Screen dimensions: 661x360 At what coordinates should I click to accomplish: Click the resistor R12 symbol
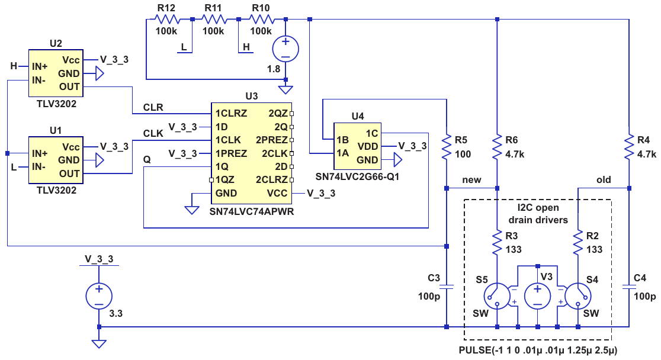point(168,20)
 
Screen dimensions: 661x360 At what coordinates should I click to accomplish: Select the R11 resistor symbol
point(214,20)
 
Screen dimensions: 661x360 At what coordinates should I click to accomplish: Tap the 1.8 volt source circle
point(285,49)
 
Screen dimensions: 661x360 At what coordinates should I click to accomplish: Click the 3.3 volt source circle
point(99,296)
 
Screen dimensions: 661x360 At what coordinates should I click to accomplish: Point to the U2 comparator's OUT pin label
point(69,87)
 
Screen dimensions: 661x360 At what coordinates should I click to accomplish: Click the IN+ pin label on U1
point(40,153)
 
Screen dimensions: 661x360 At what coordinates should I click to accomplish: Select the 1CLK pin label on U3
point(228,140)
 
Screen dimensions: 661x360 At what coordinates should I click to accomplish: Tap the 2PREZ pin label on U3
point(272,140)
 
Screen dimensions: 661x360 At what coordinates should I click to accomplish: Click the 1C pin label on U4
point(372,134)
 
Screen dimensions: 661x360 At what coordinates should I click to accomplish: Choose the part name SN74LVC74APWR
point(252,211)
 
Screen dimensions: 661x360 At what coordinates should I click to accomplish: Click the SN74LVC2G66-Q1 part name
point(358,176)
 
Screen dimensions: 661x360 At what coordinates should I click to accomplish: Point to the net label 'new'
point(471,180)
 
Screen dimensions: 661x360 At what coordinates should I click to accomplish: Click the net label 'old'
point(604,180)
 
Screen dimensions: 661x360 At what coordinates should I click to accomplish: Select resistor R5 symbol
point(447,147)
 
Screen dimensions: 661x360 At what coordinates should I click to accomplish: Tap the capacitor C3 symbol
point(447,287)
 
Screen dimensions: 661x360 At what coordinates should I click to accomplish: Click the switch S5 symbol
point(498,296)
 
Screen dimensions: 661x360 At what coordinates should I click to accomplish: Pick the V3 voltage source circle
point(537,296)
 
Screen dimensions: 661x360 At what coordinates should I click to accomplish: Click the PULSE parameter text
point(538,351)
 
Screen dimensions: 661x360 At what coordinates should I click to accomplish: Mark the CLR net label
point(153,108)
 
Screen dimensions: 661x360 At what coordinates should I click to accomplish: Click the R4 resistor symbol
point(629,147)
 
